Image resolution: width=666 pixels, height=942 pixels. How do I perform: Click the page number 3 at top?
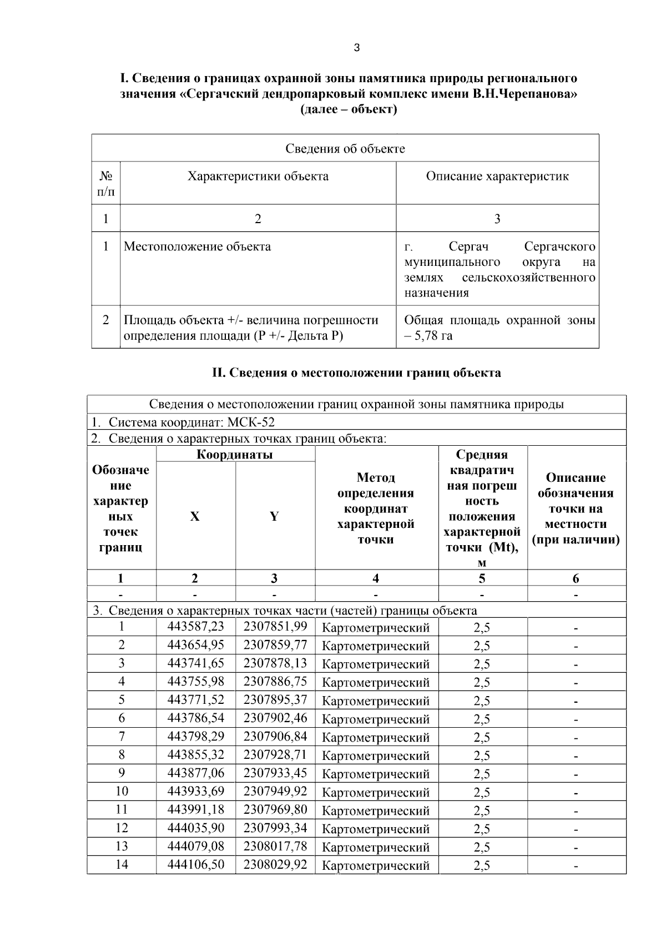coord(356,48)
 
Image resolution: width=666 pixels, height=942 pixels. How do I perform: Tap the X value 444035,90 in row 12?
coord(196,828)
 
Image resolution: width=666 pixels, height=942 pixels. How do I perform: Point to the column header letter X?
coord(195,516)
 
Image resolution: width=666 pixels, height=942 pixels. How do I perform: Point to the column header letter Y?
coord(274,516)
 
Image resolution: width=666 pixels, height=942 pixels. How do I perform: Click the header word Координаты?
coord(235,455)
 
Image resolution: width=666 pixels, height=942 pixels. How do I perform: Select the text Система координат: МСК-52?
coord(191,422)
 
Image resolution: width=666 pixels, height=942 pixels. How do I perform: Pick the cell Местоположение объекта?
coord(197,246)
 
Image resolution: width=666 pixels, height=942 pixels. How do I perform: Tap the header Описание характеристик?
coord(497,177)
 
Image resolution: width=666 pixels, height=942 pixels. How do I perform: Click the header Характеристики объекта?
coord(258,177)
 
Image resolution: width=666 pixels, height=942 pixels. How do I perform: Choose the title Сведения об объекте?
coord(345,148)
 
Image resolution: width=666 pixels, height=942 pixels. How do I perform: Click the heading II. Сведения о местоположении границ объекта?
coord(356,372)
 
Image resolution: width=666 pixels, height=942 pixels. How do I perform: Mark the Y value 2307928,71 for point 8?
coord(275,754)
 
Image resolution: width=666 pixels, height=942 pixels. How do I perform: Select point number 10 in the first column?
coord(121,791)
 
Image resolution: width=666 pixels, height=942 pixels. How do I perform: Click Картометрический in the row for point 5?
coord(376,701)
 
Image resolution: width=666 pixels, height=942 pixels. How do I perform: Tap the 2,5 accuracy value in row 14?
coord(482,865)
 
